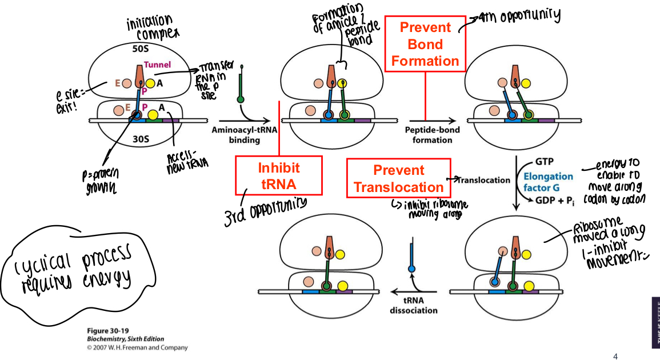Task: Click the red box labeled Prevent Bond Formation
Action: (x=425, y=44)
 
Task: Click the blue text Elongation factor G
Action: (x=548, y=181)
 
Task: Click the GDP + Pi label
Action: (x=557, y=200)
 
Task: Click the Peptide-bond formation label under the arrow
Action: (x=433, y=134)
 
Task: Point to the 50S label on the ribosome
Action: (x=141, y=49)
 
